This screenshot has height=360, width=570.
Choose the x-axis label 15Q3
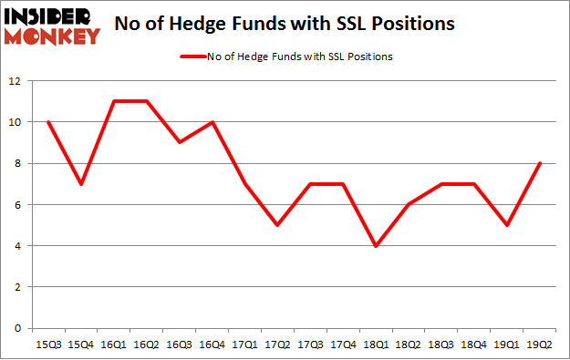point(47,344)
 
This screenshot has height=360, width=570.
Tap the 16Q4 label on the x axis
point(212,344)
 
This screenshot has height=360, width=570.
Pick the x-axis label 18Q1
point(377,344)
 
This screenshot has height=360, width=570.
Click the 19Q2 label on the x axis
point(541,344)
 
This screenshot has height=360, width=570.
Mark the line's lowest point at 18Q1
point(377,246)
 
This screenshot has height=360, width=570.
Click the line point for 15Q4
point(80,184)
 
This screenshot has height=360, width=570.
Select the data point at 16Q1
point(113,101)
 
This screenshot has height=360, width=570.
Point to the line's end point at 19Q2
point(541,164)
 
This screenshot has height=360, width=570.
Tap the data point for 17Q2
point(277,225)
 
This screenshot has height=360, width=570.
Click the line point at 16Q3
point(179,143)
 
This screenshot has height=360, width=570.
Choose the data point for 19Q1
point(508,225)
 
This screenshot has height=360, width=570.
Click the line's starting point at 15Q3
point(47,122)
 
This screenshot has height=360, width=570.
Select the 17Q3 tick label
point(310,344)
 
